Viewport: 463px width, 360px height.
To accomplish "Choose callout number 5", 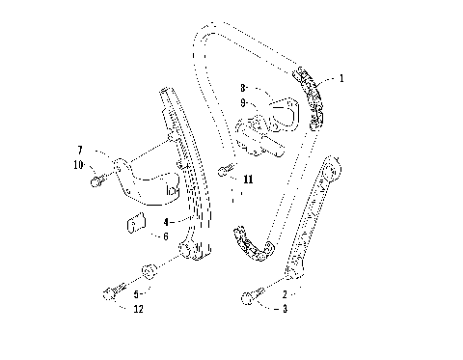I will (137, 293).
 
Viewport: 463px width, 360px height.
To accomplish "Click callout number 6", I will (164, 235).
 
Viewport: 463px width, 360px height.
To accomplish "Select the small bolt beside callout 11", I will (225, 172).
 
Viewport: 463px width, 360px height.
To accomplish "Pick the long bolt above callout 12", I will (111, 289).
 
